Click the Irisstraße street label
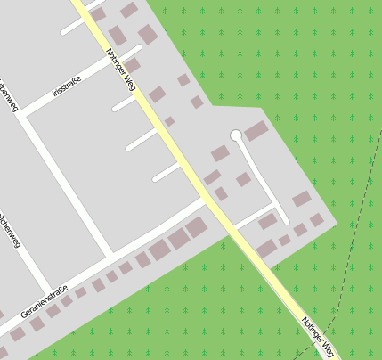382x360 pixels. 67,87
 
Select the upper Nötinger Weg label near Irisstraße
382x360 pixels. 120,70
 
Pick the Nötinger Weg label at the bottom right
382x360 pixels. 319,337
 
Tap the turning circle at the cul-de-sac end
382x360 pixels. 236,135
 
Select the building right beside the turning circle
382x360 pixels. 256,131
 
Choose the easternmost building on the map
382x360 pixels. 317,219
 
